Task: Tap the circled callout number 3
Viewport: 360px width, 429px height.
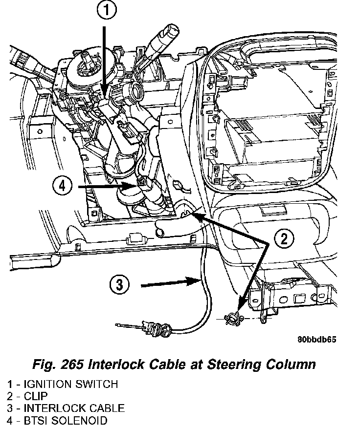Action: (x=119, y=284)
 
